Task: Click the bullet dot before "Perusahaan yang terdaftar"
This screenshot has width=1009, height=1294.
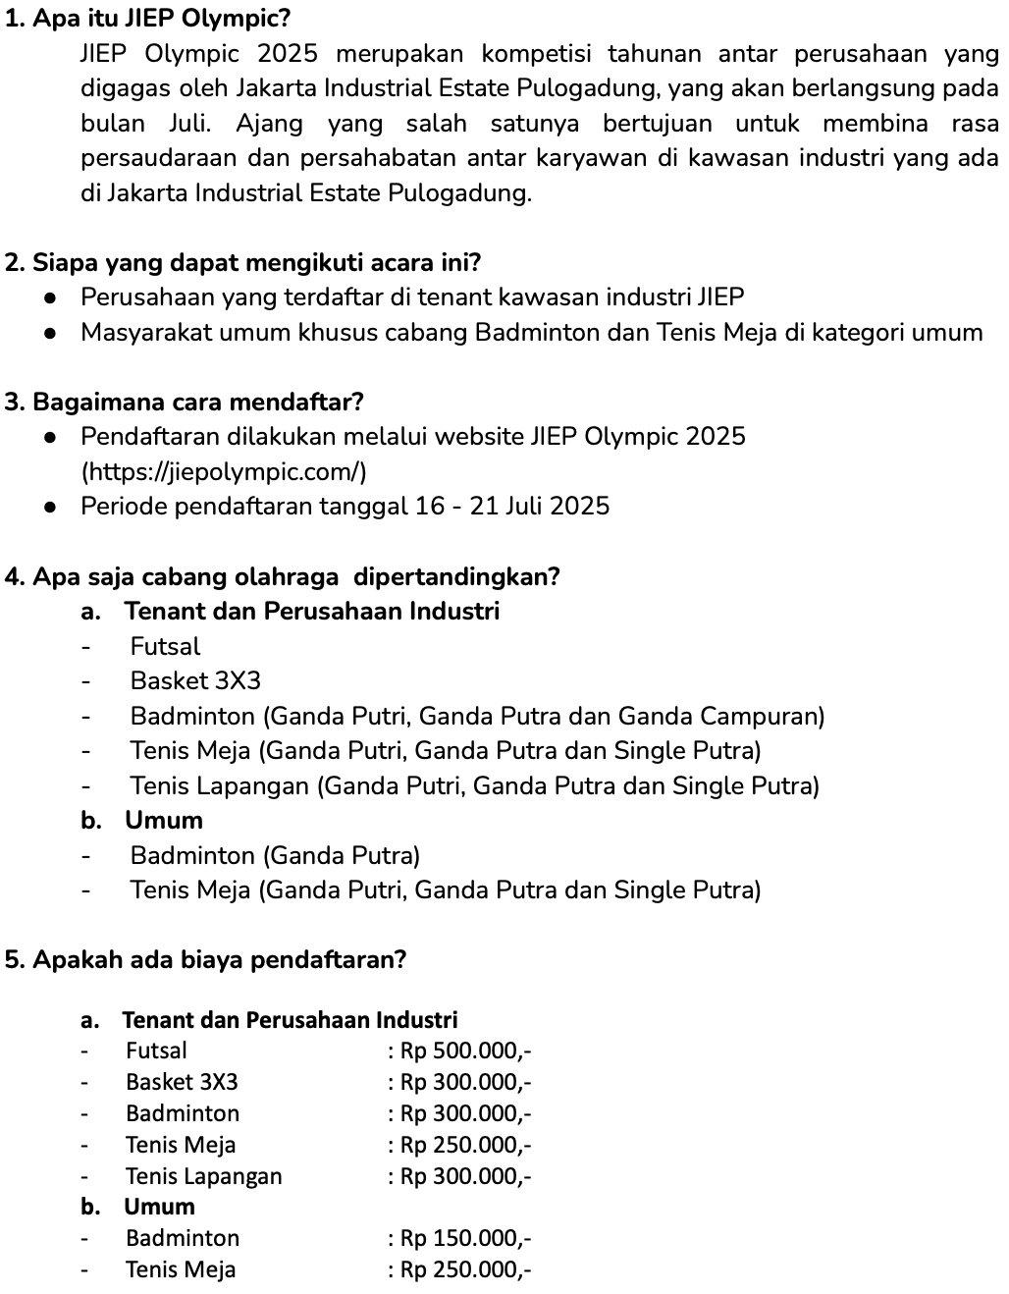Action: point(48,297)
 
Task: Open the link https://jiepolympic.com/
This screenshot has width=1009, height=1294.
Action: point(225,472)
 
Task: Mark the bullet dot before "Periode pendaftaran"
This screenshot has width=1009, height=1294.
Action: point(48,507)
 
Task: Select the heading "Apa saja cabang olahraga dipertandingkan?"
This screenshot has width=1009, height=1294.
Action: point(283,576)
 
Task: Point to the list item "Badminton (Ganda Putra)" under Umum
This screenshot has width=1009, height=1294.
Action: point(275,855)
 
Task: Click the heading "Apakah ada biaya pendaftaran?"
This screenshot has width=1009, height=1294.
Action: point(206,959)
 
